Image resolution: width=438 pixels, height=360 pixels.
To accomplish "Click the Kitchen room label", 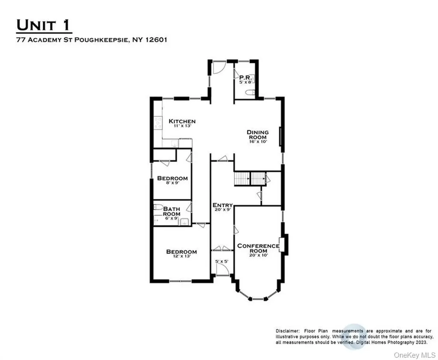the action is pos(182,121).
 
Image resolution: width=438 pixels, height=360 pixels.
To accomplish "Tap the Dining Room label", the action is pos(258,135).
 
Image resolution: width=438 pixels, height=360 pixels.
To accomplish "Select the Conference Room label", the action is pos(258,248).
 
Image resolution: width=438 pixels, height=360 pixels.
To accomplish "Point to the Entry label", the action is pos(222,205).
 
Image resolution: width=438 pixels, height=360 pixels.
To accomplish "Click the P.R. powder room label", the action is pos(246,78).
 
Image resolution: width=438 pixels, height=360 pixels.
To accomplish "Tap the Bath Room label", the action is pos(172,211).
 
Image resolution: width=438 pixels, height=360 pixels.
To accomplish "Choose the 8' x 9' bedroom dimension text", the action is pos(172,183).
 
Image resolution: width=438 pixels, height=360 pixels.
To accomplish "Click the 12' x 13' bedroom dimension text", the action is pos(181,256).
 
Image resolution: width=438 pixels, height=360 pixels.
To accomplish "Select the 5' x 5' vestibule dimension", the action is pos(222,262).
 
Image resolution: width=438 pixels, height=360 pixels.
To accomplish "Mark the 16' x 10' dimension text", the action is pos(258,141).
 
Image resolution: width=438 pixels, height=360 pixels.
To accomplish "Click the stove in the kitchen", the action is pos(158,123).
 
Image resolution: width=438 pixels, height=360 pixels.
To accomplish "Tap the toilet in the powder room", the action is pos(250,92).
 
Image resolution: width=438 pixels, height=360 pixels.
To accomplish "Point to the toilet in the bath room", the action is pos(158,207).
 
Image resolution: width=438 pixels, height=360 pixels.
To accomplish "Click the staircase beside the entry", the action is pos(249,179).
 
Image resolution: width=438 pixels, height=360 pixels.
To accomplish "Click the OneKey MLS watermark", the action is pos(414,355).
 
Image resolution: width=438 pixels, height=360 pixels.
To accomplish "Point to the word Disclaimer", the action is pos(288,331).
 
